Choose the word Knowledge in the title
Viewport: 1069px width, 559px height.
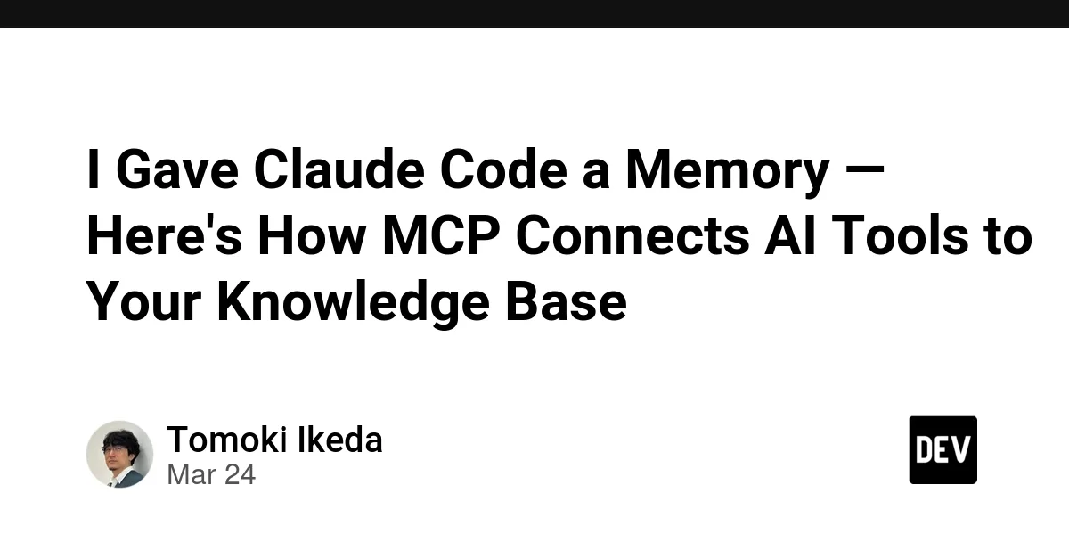coord(353,302)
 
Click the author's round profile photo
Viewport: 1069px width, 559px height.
coord(119,454)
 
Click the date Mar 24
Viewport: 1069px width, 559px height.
coord(211,474)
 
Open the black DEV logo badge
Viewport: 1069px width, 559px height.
coord(943,450)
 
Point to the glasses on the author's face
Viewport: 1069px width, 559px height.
coord(117,449)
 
